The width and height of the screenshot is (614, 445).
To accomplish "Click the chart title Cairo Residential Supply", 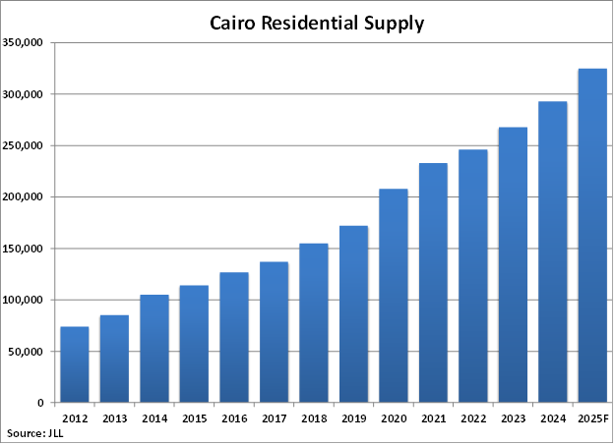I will click(x=317, y=23).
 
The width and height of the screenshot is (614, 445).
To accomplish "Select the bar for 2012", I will click(x=75, y=364).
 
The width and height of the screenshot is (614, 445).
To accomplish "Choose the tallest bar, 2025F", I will click(x=592, y=236).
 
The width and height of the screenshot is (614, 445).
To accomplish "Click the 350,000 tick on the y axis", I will click(x=22, y=43).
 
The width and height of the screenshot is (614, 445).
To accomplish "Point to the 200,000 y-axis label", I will click(x=22, y=197).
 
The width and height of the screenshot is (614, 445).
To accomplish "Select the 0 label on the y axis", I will click(x=39, y=403).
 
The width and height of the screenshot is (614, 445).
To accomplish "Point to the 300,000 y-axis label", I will click(x=22, y=94).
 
